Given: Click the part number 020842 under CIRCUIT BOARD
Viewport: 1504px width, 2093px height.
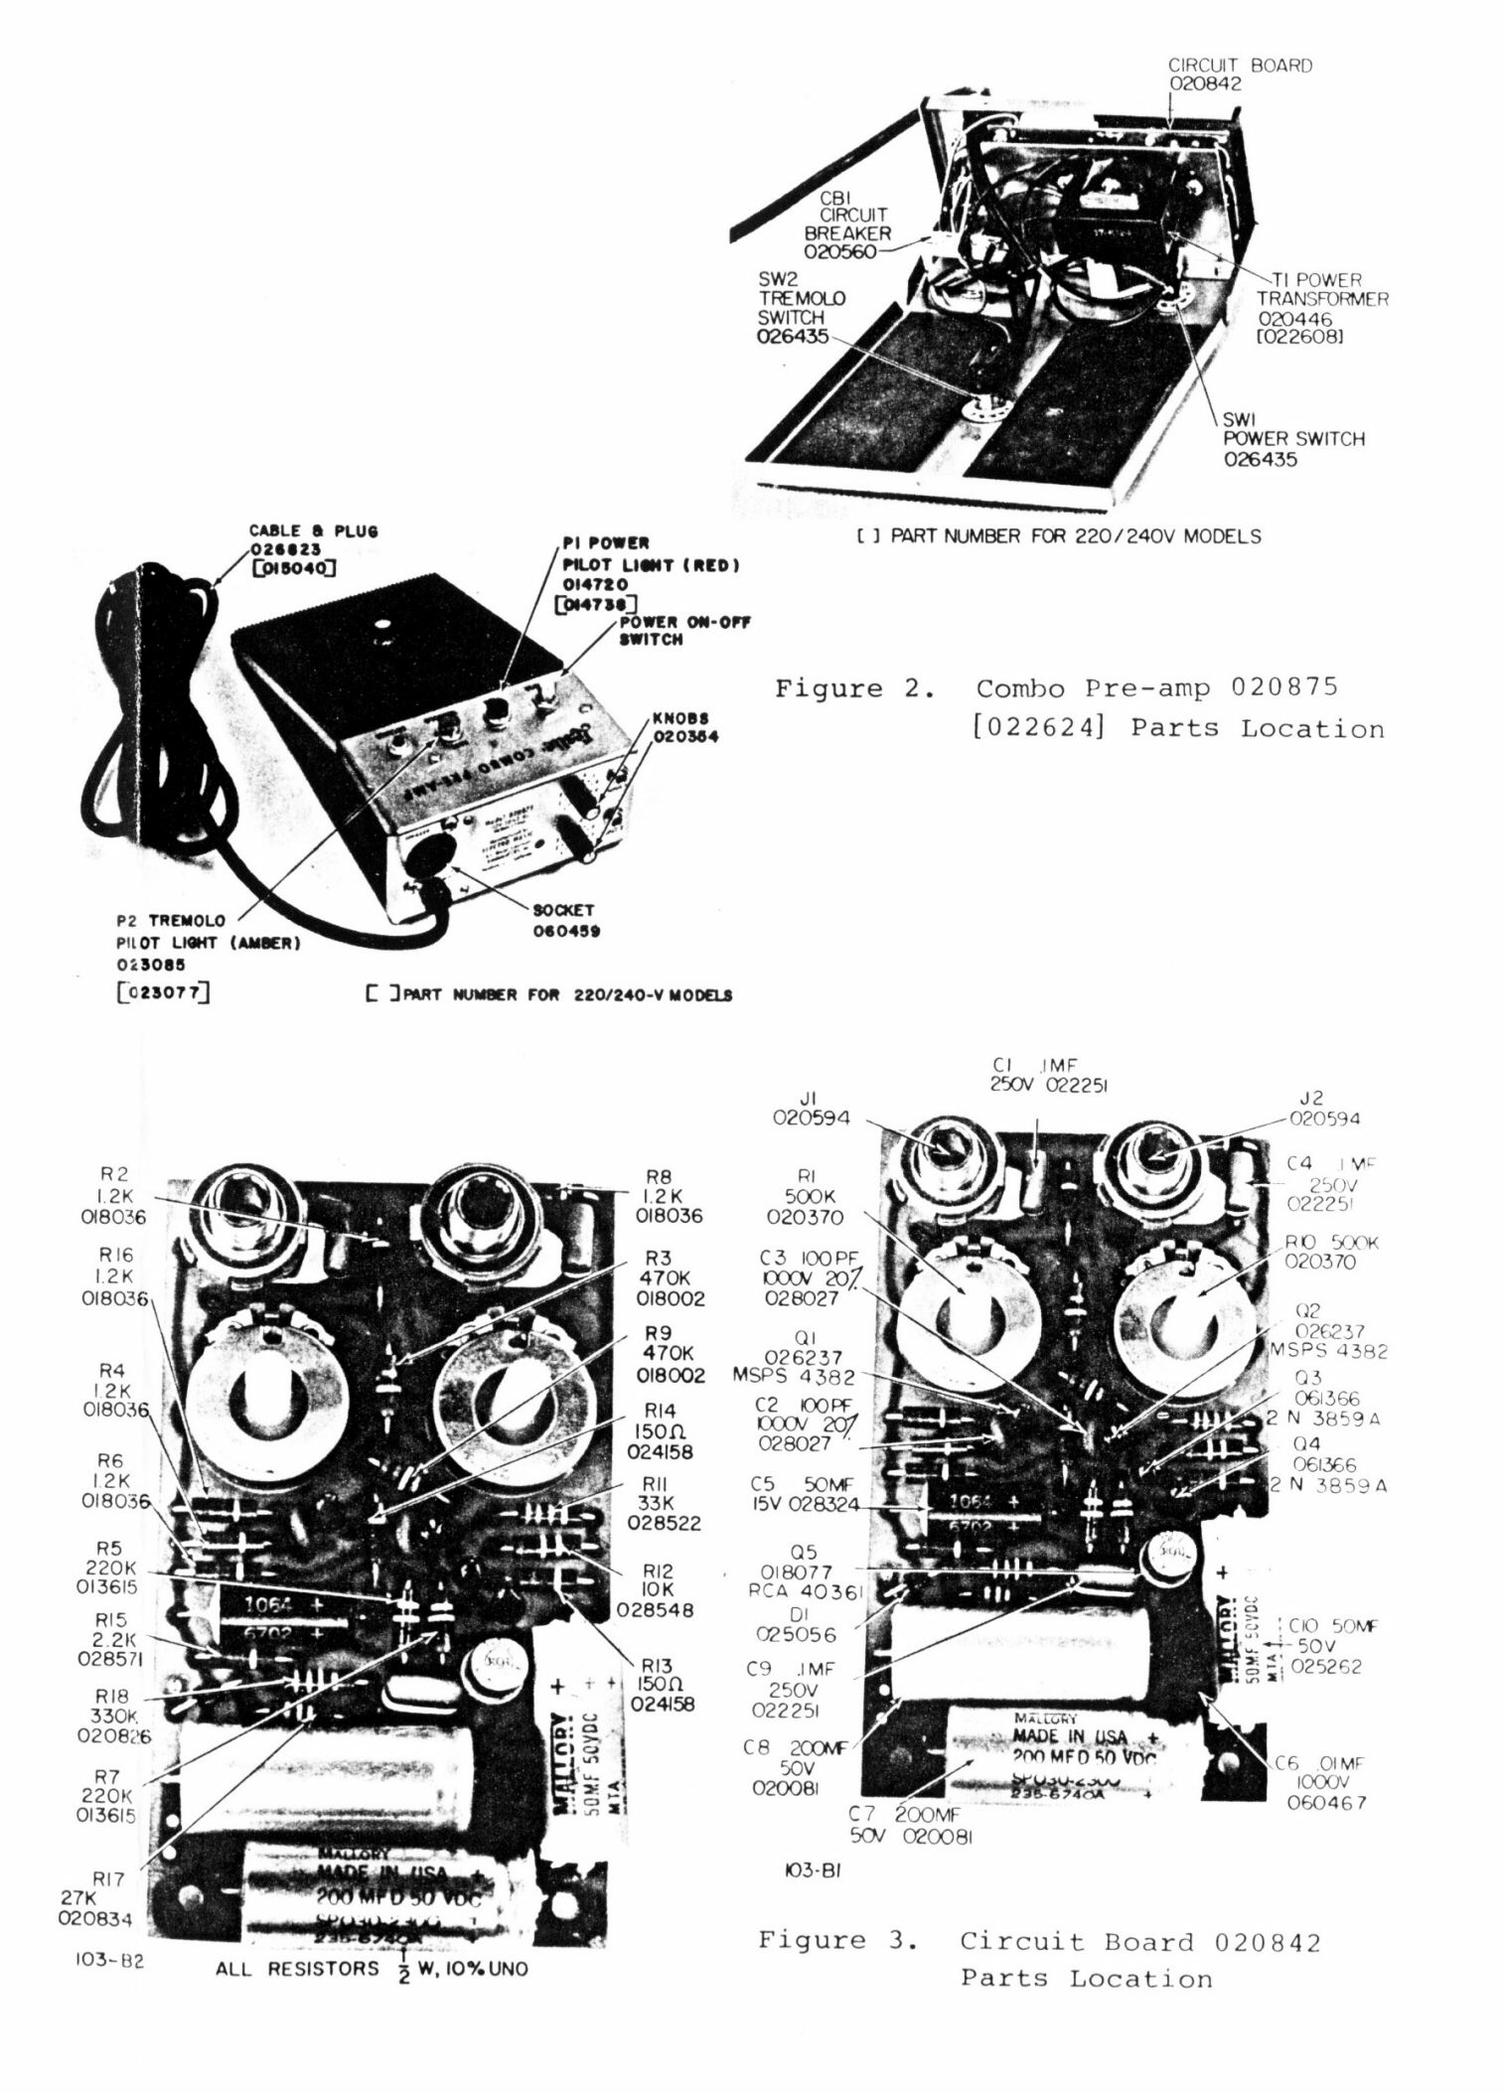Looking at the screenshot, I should (1204, 84).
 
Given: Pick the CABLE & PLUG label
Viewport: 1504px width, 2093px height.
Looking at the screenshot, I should (313, 531).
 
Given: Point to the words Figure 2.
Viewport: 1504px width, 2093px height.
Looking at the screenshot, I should (855, 688).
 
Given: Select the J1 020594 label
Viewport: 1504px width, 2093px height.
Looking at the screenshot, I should (812, 1108).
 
